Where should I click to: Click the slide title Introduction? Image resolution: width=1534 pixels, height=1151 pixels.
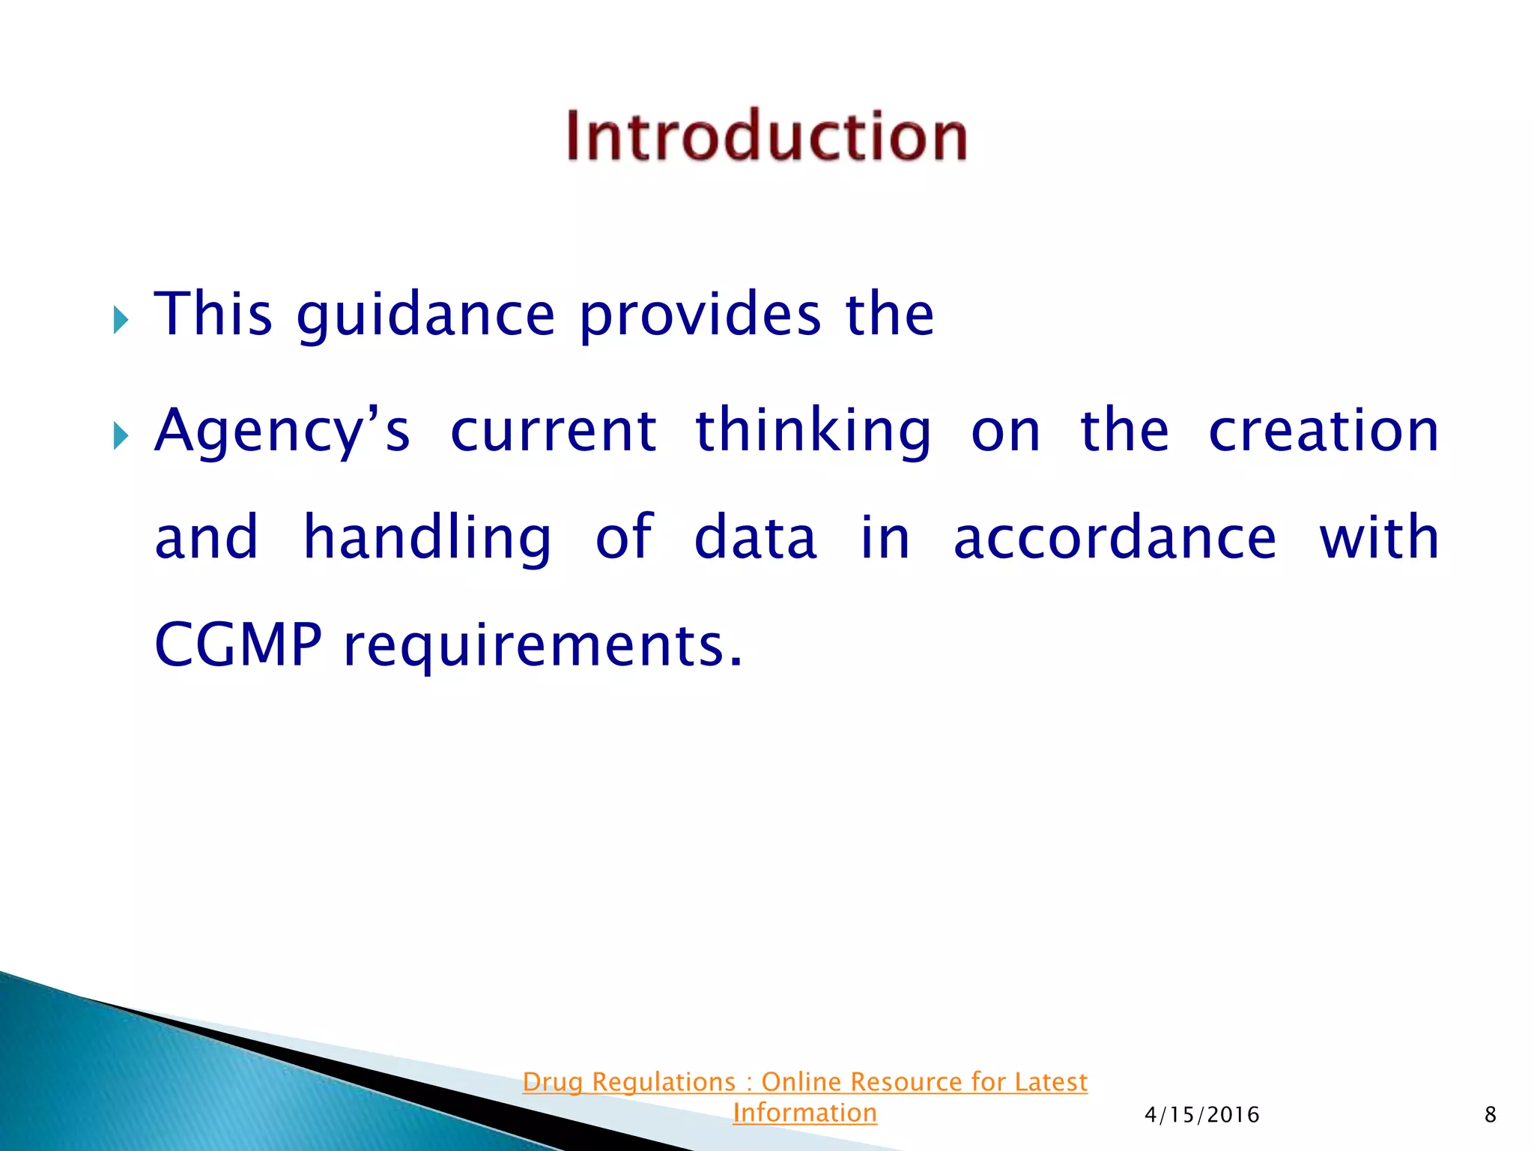[766, 136]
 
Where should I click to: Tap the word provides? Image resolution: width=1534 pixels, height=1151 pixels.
[700, 315]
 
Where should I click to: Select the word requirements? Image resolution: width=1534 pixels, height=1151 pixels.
[543, 646]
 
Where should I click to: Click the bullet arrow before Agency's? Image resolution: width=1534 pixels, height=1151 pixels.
[121, 435]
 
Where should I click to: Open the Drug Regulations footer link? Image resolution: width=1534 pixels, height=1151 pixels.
[804, 1082]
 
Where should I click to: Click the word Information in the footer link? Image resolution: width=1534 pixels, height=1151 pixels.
[804, 1113]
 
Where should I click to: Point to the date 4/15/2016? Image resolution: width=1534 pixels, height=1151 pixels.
[1201, 1115]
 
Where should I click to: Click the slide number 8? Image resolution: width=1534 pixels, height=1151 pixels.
[1490, 1115]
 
